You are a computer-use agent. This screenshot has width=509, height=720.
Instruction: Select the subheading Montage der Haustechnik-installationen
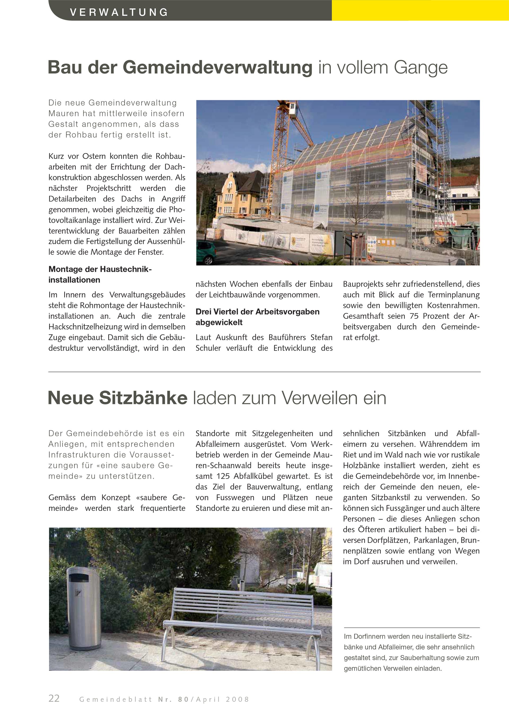click(100, 274)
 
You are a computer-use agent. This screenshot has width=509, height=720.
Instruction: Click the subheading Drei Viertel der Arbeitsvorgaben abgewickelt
click(257, 317)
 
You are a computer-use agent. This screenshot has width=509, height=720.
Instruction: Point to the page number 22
click(54, 698)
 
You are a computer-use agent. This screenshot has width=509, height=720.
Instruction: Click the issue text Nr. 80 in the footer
click(173, 699)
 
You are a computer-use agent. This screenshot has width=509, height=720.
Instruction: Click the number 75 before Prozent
click(414, 316)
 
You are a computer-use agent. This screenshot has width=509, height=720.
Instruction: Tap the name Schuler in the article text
click(208, 348)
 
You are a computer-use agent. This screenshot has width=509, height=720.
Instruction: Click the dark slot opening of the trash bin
click(79, 578)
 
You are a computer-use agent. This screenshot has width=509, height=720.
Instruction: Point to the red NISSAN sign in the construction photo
click(445, 223)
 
